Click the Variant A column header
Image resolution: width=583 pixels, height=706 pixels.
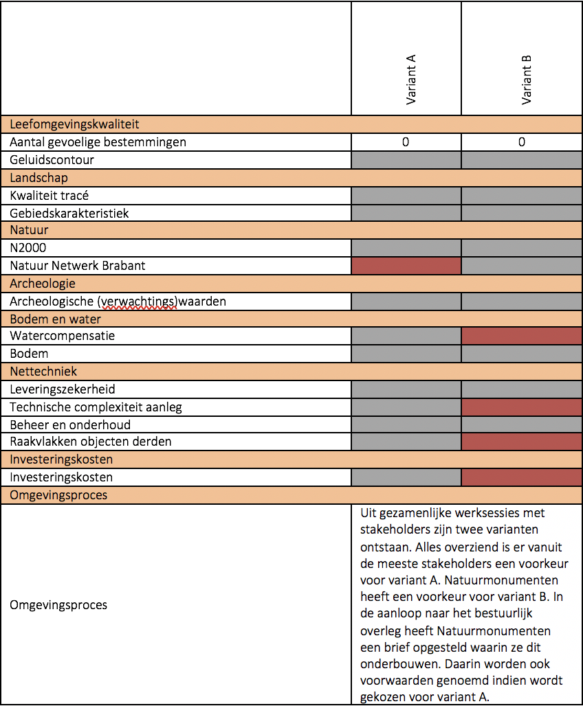pyautogui.click(x=410, y=80)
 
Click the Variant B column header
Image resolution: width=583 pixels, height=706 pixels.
pyautogui.click(x=526, y=80)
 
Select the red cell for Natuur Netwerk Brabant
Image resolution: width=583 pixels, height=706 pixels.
pyautogui.click(x=406, y=266)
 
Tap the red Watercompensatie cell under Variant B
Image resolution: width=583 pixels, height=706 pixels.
pyautogui.click(x=522, y=336)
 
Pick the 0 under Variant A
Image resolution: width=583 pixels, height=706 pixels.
pyautogui.click(x=406, y=142)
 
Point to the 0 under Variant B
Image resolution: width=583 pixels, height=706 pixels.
pyautogui.click(x=522, y=142)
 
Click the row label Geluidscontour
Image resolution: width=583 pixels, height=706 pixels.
pyautogui.click(x=52, y=160)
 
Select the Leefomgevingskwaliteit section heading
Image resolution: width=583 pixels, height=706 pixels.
pyautogui.click(x=74, y=124)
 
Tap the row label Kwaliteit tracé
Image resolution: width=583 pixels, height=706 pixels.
pyautogui.click(x=49, y=196)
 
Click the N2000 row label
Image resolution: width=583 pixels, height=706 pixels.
pyautogui.click(x=28, y=248)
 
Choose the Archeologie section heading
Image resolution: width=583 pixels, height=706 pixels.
pyautogui.click(x=43, y=284)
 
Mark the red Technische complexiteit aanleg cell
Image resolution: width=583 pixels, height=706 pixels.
pyautogui.click(x=522, y=407)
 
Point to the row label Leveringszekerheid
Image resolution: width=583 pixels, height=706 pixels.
pyautogui.click(x=63, y=389)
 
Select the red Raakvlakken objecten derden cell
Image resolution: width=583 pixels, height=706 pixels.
pyautogui.click(x=522, y=442)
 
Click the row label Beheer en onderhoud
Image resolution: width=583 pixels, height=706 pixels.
pyautogui.click(x=70, y=425)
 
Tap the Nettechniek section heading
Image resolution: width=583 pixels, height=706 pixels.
pyautogui.click(x=43, y=372)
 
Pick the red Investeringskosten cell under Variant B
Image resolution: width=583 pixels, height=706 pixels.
pyautogui.click(x=522, y=477)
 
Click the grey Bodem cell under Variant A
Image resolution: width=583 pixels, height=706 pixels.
pyautogui.click(x=406, y=354)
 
